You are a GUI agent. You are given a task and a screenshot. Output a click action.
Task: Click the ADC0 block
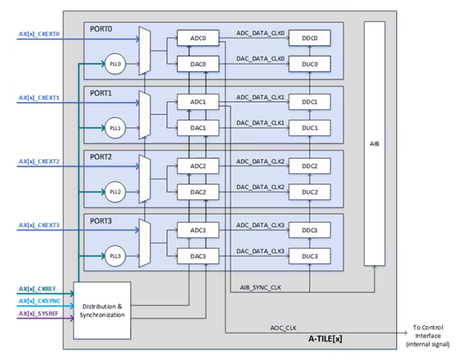(x=198, y=38)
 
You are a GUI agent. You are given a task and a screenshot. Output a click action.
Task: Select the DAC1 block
(x=198, y=129)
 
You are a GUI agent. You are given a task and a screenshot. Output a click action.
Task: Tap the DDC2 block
(x=309, y=167)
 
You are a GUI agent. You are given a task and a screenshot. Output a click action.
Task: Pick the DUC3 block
(x=309, y=256)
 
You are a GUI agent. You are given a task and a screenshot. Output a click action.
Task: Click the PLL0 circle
(x=115, y=65)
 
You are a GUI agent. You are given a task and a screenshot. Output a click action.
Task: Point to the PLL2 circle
(x=115, y=192)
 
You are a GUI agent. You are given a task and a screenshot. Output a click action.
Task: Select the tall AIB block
(x=374, y=143)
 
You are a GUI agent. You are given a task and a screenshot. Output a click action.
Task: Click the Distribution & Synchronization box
(x=102, y=310)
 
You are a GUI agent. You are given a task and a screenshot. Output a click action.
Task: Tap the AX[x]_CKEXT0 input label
(x=39, y=34)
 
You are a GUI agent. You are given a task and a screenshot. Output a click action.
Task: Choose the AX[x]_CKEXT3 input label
(x=39, y=226)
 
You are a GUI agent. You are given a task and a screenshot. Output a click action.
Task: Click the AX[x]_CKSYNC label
(x=39, y=301)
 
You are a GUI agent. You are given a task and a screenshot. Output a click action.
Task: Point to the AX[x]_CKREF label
(x=37, y=289)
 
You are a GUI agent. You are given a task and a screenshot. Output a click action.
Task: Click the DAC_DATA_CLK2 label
(x=260, y=187)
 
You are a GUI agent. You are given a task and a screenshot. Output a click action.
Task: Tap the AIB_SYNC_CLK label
(x=261, y=286)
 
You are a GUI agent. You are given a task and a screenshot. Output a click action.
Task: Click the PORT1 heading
(x=101, y=93)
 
